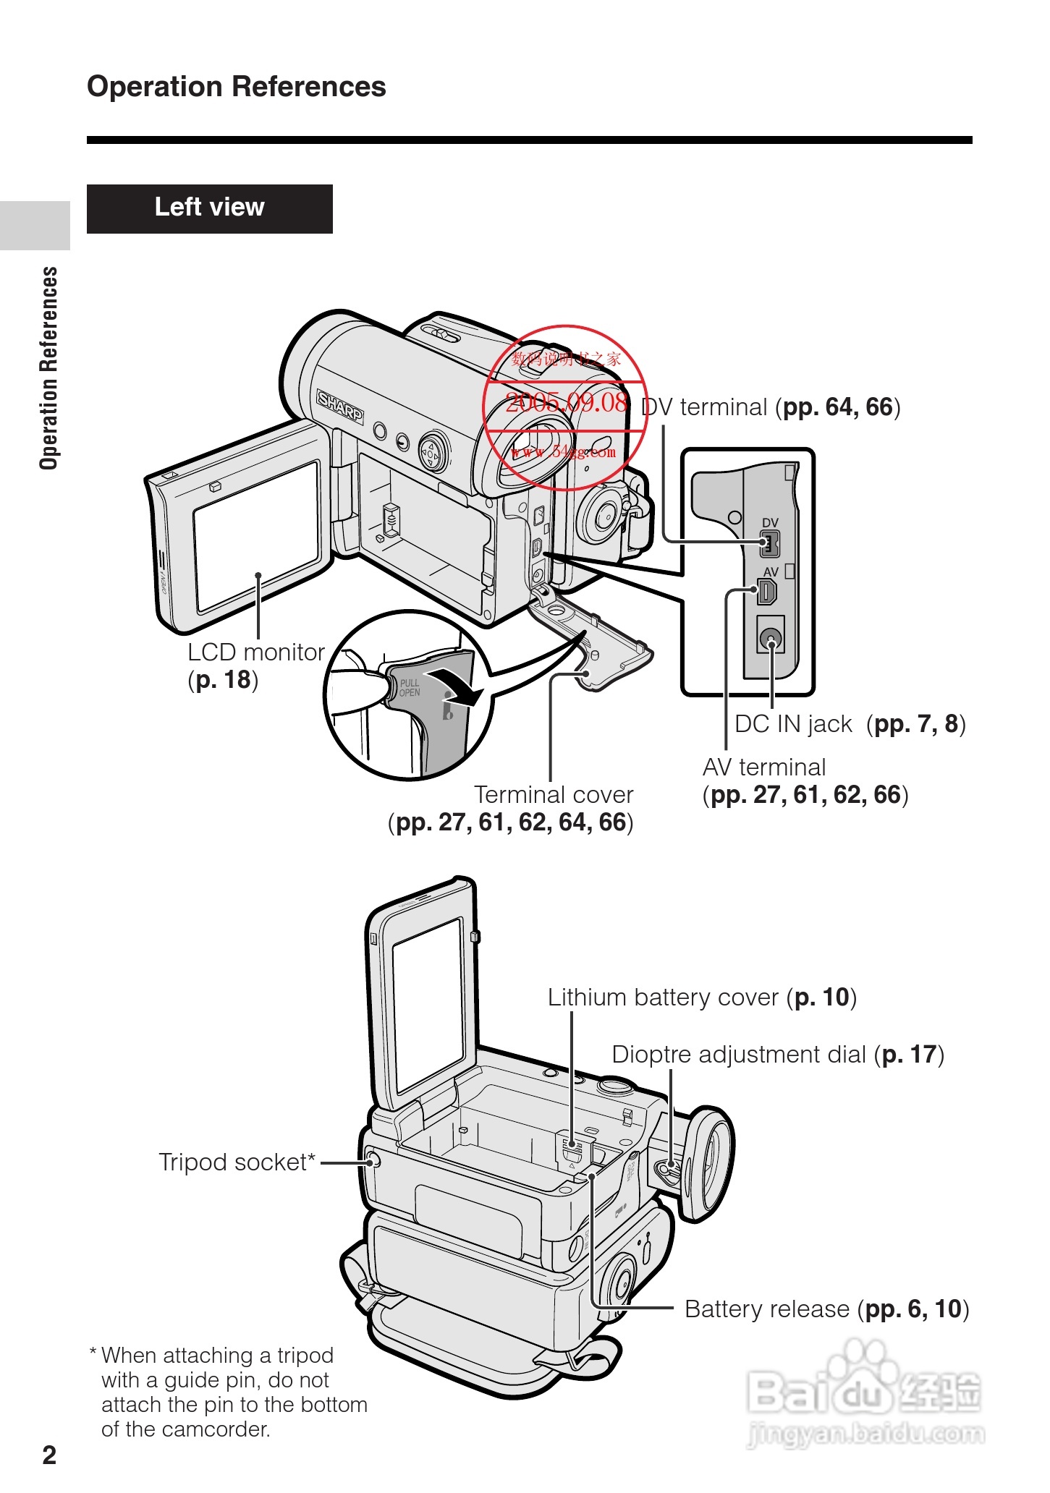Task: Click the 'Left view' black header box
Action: tap(209, 208)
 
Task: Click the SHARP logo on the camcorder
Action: tap(340, 408)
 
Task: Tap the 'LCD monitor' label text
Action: tap(255, 652)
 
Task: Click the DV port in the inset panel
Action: tap(769, 543)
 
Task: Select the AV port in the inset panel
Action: tap(767, 592)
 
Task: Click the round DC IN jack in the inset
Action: tap(771, 639)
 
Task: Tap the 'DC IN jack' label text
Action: tap(793, 724)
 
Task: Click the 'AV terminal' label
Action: tap(764, 767)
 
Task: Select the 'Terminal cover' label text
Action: tap(554, 795)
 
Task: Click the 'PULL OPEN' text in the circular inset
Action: tap(410, 688)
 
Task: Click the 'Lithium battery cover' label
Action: tap(662, 998)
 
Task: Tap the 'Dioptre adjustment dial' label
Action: tap(739, 1055)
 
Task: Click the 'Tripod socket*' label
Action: tap(237, 1162)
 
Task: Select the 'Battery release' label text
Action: tap(767, 1309)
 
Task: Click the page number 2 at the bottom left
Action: tap(49, 1455)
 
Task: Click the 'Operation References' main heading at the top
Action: tap(237, 87)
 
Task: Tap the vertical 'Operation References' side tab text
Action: tap(48, 368)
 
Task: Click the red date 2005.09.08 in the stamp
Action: tap(566, 402)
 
